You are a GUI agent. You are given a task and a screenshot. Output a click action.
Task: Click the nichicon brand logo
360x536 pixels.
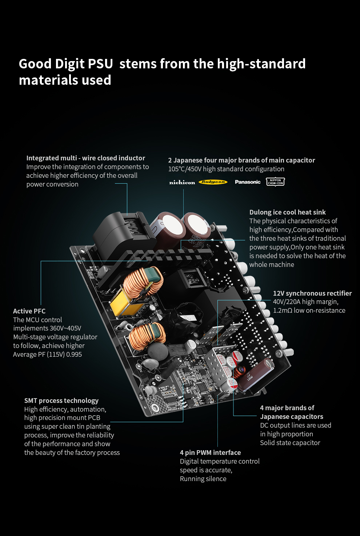tap(182, 182)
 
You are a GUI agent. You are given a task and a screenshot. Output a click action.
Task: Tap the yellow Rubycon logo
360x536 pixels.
tap(213, 182)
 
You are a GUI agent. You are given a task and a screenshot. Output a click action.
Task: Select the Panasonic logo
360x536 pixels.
tap(248, 182)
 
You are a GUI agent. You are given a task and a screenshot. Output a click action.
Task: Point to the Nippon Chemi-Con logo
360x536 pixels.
tap(275, 182)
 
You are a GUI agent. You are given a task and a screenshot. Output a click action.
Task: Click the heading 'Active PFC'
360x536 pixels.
tap(29, 311)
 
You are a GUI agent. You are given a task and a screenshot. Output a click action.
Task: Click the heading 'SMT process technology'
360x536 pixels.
tap(61, 401)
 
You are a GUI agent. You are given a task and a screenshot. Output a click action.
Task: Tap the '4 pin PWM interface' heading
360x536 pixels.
tap(210, 452)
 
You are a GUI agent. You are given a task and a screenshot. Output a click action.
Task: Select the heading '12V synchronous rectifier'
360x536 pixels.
tap(312, 293)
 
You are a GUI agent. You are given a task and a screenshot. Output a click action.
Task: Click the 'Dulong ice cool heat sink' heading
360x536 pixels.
tap(288, 212)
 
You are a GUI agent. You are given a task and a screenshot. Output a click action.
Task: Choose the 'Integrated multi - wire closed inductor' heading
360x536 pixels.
tap(86, 158)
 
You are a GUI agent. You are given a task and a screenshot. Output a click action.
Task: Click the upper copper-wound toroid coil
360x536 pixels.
tap(143, 282)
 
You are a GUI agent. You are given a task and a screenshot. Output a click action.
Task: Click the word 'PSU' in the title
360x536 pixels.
tap(100, 64)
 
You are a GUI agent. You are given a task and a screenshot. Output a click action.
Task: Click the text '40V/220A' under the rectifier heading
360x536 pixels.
tap(287, 302)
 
